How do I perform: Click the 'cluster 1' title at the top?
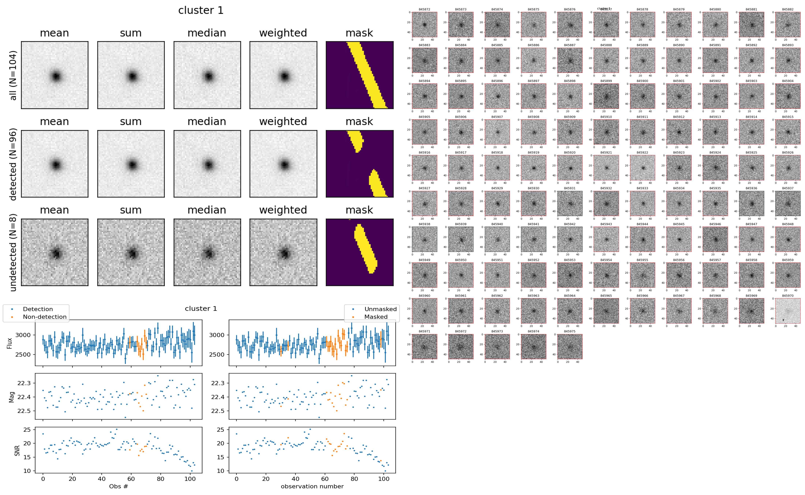click(x=201, y=10)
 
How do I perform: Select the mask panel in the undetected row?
click(x=359, y=252)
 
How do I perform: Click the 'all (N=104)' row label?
click(x=13, y=75)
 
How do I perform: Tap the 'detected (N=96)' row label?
click(x=13, y=164)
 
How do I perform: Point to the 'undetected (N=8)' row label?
click(x=13, y=252)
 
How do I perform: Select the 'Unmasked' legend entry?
click(x=380, y=309)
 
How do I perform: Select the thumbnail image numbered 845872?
click(x=424, y=25)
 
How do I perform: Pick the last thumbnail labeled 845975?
click(x=570, y=346)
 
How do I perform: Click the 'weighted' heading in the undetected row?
click(x=283, y=210)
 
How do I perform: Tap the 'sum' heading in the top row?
click(x=130, y=33)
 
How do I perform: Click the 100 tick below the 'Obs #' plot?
click(x=190, y=479)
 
